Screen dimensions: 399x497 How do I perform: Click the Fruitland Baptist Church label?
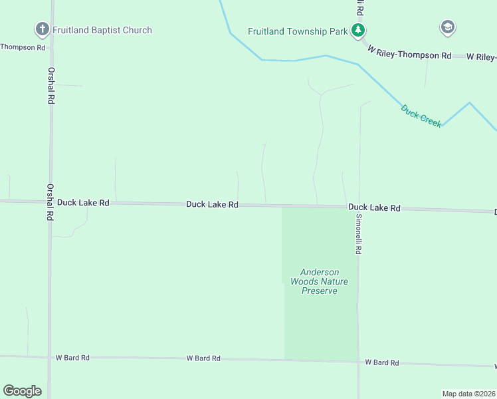pos(102,30)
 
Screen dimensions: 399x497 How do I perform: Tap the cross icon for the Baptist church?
pos(42,29)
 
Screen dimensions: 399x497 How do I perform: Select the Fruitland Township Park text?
pos(298,31)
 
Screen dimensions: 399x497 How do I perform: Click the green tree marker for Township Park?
pos(358,30)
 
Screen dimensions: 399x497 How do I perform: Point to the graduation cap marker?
pos(447,27)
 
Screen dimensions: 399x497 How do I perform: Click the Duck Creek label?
pos(421,116)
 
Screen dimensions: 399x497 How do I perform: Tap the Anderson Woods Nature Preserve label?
pos(319,281)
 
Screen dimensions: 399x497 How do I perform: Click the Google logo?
pos(22,390)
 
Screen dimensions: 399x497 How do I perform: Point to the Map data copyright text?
pos(468,393)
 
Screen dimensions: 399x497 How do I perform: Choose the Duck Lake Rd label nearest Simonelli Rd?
pos(374,208)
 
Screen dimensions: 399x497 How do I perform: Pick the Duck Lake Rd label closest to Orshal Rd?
pos(83,202)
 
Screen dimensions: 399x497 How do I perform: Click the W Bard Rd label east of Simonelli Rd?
pos(382,362)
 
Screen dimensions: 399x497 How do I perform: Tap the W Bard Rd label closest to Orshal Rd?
pos(72,358)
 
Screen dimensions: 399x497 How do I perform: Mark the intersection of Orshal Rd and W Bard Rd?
pos(50,358)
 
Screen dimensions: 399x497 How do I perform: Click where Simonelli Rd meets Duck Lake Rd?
pos(359,207)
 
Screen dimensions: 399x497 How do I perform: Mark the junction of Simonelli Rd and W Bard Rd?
pos(358,362)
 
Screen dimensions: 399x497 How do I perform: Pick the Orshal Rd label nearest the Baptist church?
pos(50,85)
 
